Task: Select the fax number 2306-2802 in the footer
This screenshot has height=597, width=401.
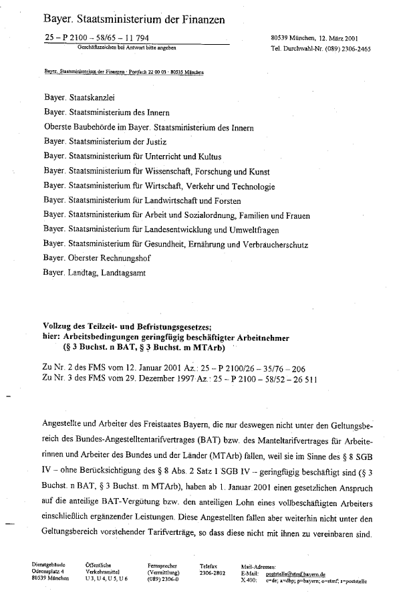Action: point(213,574)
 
